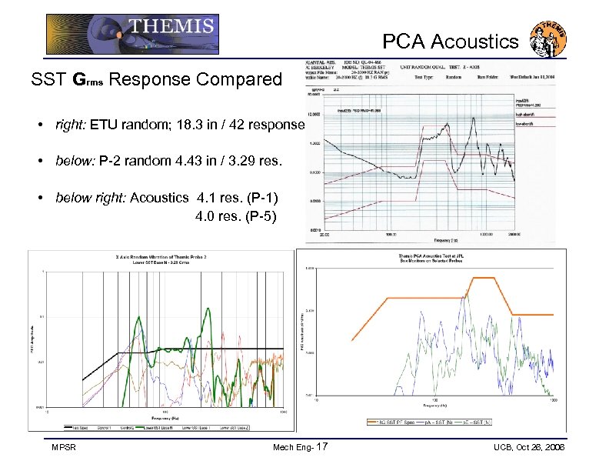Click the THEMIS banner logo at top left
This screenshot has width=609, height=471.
click(x=131, y=35)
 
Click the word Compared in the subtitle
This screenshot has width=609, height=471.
click(x=239, y=79)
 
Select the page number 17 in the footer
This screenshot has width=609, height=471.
click(x=321, y=447)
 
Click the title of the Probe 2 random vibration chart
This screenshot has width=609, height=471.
click(x=161, y=259)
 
